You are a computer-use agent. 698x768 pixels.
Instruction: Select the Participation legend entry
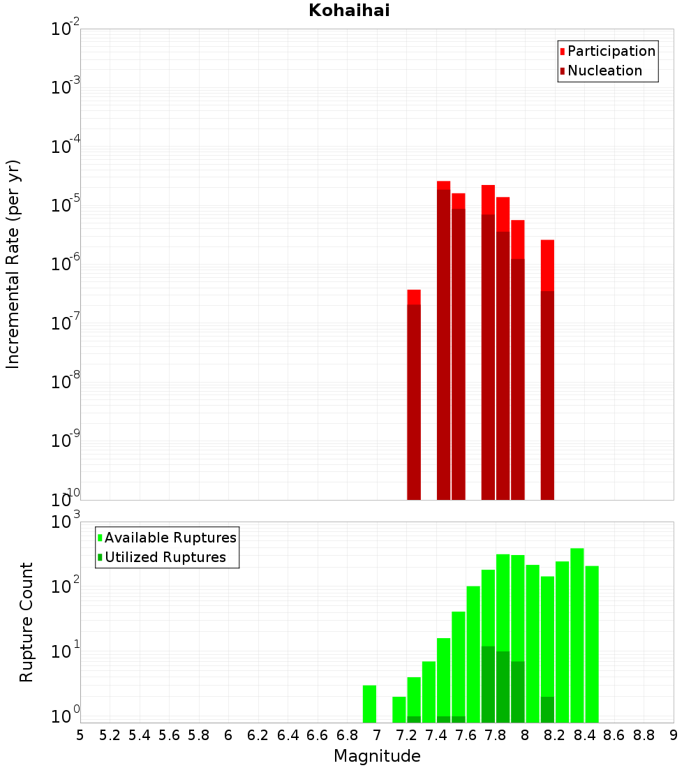coord(611,51)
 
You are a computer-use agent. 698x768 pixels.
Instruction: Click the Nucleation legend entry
coord(604,71)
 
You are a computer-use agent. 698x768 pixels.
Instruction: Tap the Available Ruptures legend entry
coord(170,538)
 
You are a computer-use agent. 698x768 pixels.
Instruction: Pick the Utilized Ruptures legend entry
coord(165,557)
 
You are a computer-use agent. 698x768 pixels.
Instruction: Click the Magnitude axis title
coord(377,756)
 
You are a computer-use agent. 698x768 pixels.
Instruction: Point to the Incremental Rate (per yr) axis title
coord(13,265)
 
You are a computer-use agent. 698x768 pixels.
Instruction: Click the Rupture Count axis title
coord(27,622)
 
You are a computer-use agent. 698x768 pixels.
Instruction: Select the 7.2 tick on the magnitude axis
coord(406,734)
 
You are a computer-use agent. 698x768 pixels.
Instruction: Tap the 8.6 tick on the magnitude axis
coord(614,734)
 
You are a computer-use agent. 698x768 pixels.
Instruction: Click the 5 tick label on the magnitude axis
coord(80,734)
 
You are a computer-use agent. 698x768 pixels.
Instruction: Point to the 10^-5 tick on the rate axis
coord(65,205)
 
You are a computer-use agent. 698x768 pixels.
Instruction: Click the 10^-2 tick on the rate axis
coord(65,29)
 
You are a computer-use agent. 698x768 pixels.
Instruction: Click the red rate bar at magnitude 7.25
coord(414,398)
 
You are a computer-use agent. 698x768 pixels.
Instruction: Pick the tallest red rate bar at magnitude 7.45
coord(443,342)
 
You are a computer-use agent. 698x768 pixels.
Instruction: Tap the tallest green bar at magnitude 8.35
coord(577,635)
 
